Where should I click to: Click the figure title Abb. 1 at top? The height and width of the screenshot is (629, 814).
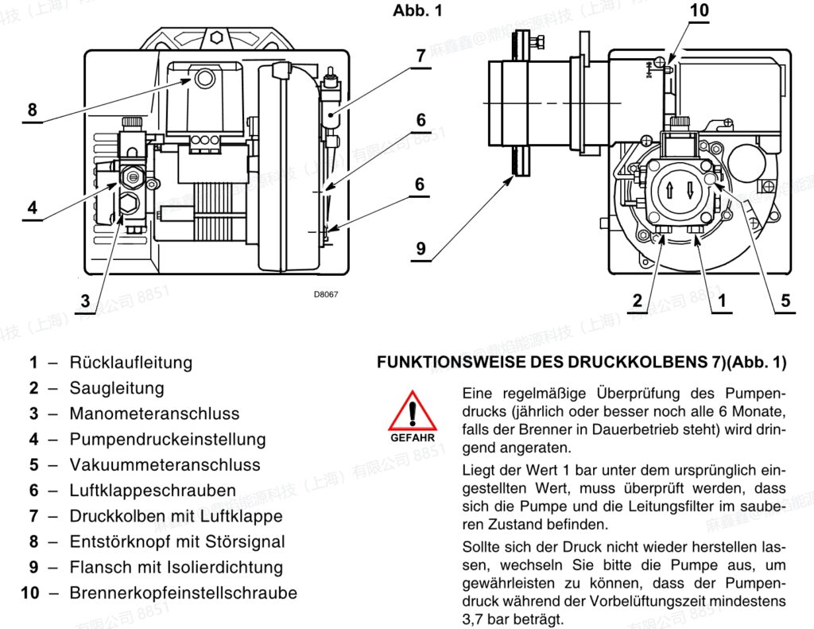tap(417, 10)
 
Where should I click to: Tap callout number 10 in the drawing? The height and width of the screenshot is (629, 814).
tap(700, 10)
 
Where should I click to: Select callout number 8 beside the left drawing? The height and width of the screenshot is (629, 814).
tap(33, 110)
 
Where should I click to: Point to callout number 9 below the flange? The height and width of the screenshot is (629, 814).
tap(421, 248)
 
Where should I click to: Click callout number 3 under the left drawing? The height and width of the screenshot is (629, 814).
tap(85, 301)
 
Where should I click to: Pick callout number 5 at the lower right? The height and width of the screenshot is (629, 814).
tap(785, 301)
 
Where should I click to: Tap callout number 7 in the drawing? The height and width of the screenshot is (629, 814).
tap(421, 56)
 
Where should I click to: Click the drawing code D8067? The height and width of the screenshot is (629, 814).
tap(325, 294)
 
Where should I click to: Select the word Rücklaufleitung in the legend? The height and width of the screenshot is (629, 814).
tap(131, 362)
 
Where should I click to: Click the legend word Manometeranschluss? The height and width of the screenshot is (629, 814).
tap(155, 414)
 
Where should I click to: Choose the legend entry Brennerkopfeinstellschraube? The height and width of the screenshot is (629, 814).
tap(184, 592)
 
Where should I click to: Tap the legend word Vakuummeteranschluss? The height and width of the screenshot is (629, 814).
tap(165, 464)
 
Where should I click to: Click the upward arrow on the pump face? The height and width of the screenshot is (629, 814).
tap(669, 191)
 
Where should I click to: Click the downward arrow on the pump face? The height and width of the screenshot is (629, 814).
tap(691, 191)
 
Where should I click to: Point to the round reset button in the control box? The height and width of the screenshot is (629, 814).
tap(205, 79)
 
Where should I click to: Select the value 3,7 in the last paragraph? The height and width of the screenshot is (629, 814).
tap(474, 619)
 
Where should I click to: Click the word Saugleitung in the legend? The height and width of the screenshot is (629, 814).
tap(117, 388)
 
